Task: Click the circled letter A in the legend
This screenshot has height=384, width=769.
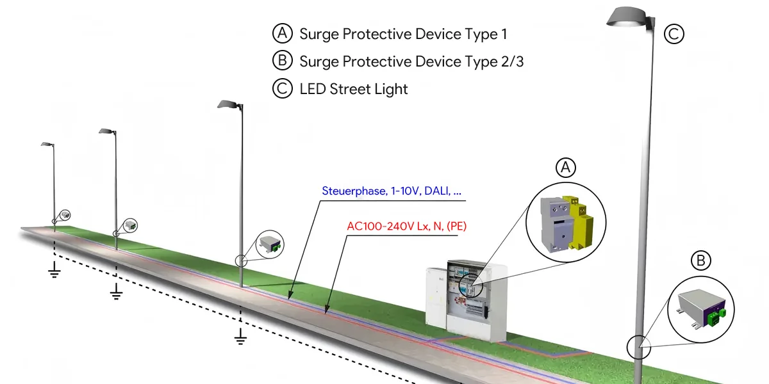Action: click(x=283, y=34)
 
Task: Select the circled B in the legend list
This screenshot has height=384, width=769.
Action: click(x=283, y=61)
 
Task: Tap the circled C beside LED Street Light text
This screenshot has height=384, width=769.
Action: click(x=283, y=89)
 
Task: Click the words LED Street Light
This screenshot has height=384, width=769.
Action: click(x=354, y=89)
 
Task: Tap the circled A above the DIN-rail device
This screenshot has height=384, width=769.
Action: click(x=565, y=168)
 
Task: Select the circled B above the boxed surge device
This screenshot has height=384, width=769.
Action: click(x=701, y=260)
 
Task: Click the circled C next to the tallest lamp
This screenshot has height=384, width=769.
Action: click(x=674, y=34)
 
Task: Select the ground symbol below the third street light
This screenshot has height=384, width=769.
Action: click(x=240, y=337)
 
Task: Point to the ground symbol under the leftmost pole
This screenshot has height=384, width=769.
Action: click(x=54, y=272)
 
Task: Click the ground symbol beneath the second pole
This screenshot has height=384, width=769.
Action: click(x=116, y=293)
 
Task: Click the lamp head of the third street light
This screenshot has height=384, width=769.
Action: click(x=229, y=105)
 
